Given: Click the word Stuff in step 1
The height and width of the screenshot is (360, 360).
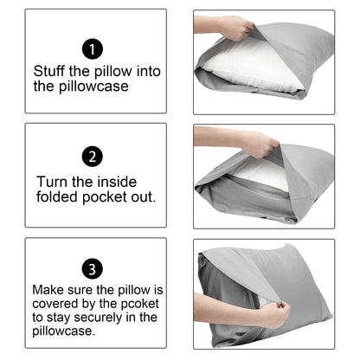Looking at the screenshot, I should pos(50,71).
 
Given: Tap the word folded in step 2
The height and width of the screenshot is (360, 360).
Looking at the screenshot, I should pos(59,197).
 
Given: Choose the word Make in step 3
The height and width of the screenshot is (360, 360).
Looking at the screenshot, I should pos(48,290).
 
